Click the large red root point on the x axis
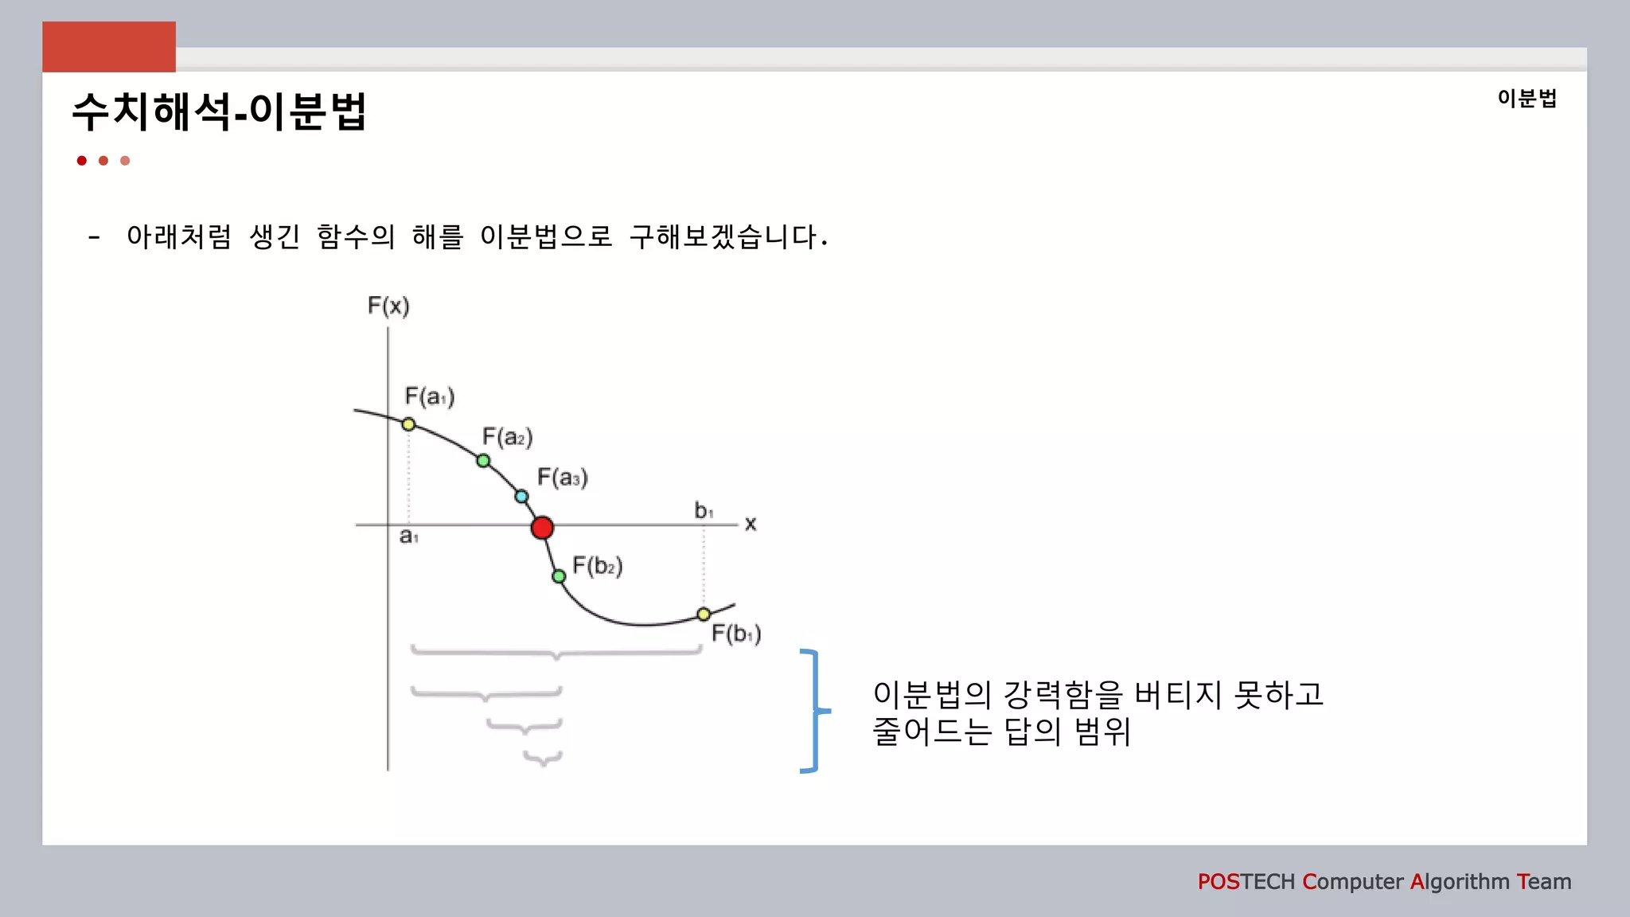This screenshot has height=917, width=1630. click(542, 528)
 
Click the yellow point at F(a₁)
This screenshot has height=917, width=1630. click(408, 424)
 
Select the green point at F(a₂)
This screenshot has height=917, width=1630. click(483, 461)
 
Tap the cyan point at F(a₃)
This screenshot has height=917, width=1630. click(521, 497)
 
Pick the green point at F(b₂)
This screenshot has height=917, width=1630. click(559, 576)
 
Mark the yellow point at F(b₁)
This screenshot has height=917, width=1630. click(704, 615)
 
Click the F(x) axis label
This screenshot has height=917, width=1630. click(388, 306)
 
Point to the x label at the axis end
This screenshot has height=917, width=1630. click(751, 524)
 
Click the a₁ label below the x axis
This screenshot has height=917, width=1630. click(408, 537)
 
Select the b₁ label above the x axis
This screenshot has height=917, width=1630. click(704, 510)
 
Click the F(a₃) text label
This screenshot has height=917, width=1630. click(563, 478)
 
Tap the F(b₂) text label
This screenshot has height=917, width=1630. click(598, 566)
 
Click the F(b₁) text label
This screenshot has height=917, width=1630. click(736, 634)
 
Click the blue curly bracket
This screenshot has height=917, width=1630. click(813, 711)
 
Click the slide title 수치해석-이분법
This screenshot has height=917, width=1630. click(219, 111)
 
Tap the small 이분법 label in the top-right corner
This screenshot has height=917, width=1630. click(1527, 99)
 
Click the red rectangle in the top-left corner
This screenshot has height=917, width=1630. click(109, 47)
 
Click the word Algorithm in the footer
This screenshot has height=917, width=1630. click(1460, 882)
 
